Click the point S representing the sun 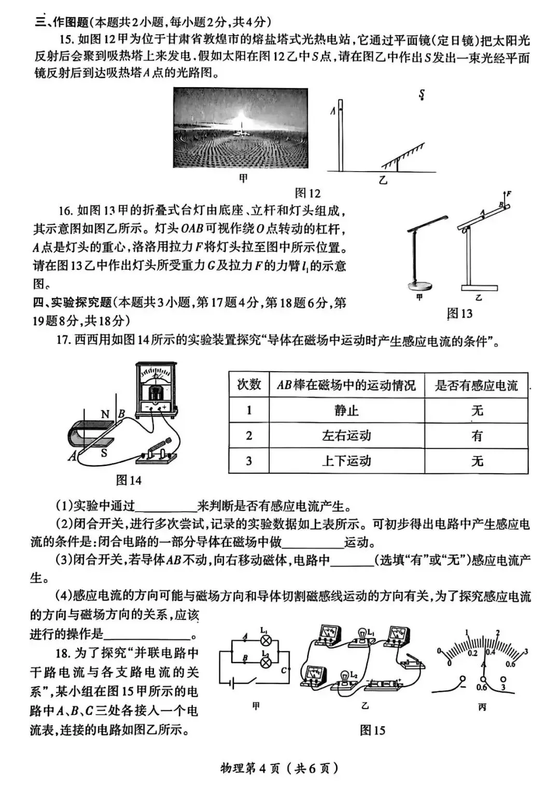pyautogui.click(x=422, y=95)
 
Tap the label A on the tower pyautogui.click(x=333, y=110)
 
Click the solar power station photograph pyautogui.click(x=241, y=128)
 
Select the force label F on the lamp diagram pyautogui.click(x=509, y=194)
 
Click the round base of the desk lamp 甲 pyautogui.click(x=419, y=285)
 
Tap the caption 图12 pyautogui.click(x=307, y=193)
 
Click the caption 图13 pyautogui.click(x=459, y=313)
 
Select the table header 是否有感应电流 pyautogui.click(x=476, y=385)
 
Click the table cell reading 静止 pyautogui.click(x=346, y=411)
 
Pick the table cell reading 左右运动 pyautogui.click(x=346, y=435)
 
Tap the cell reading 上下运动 pyautogui.click(x=346, y=461)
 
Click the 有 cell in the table pyautogui.click(x=477, y=435)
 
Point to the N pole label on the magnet pyautogui.click(x=105, y=414)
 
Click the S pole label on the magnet pyautogui.click(x=104, y=452)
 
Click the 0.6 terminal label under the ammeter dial pyautogui.click(x=481, y=687)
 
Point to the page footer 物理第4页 pyautogui.click(x=279, y=768)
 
